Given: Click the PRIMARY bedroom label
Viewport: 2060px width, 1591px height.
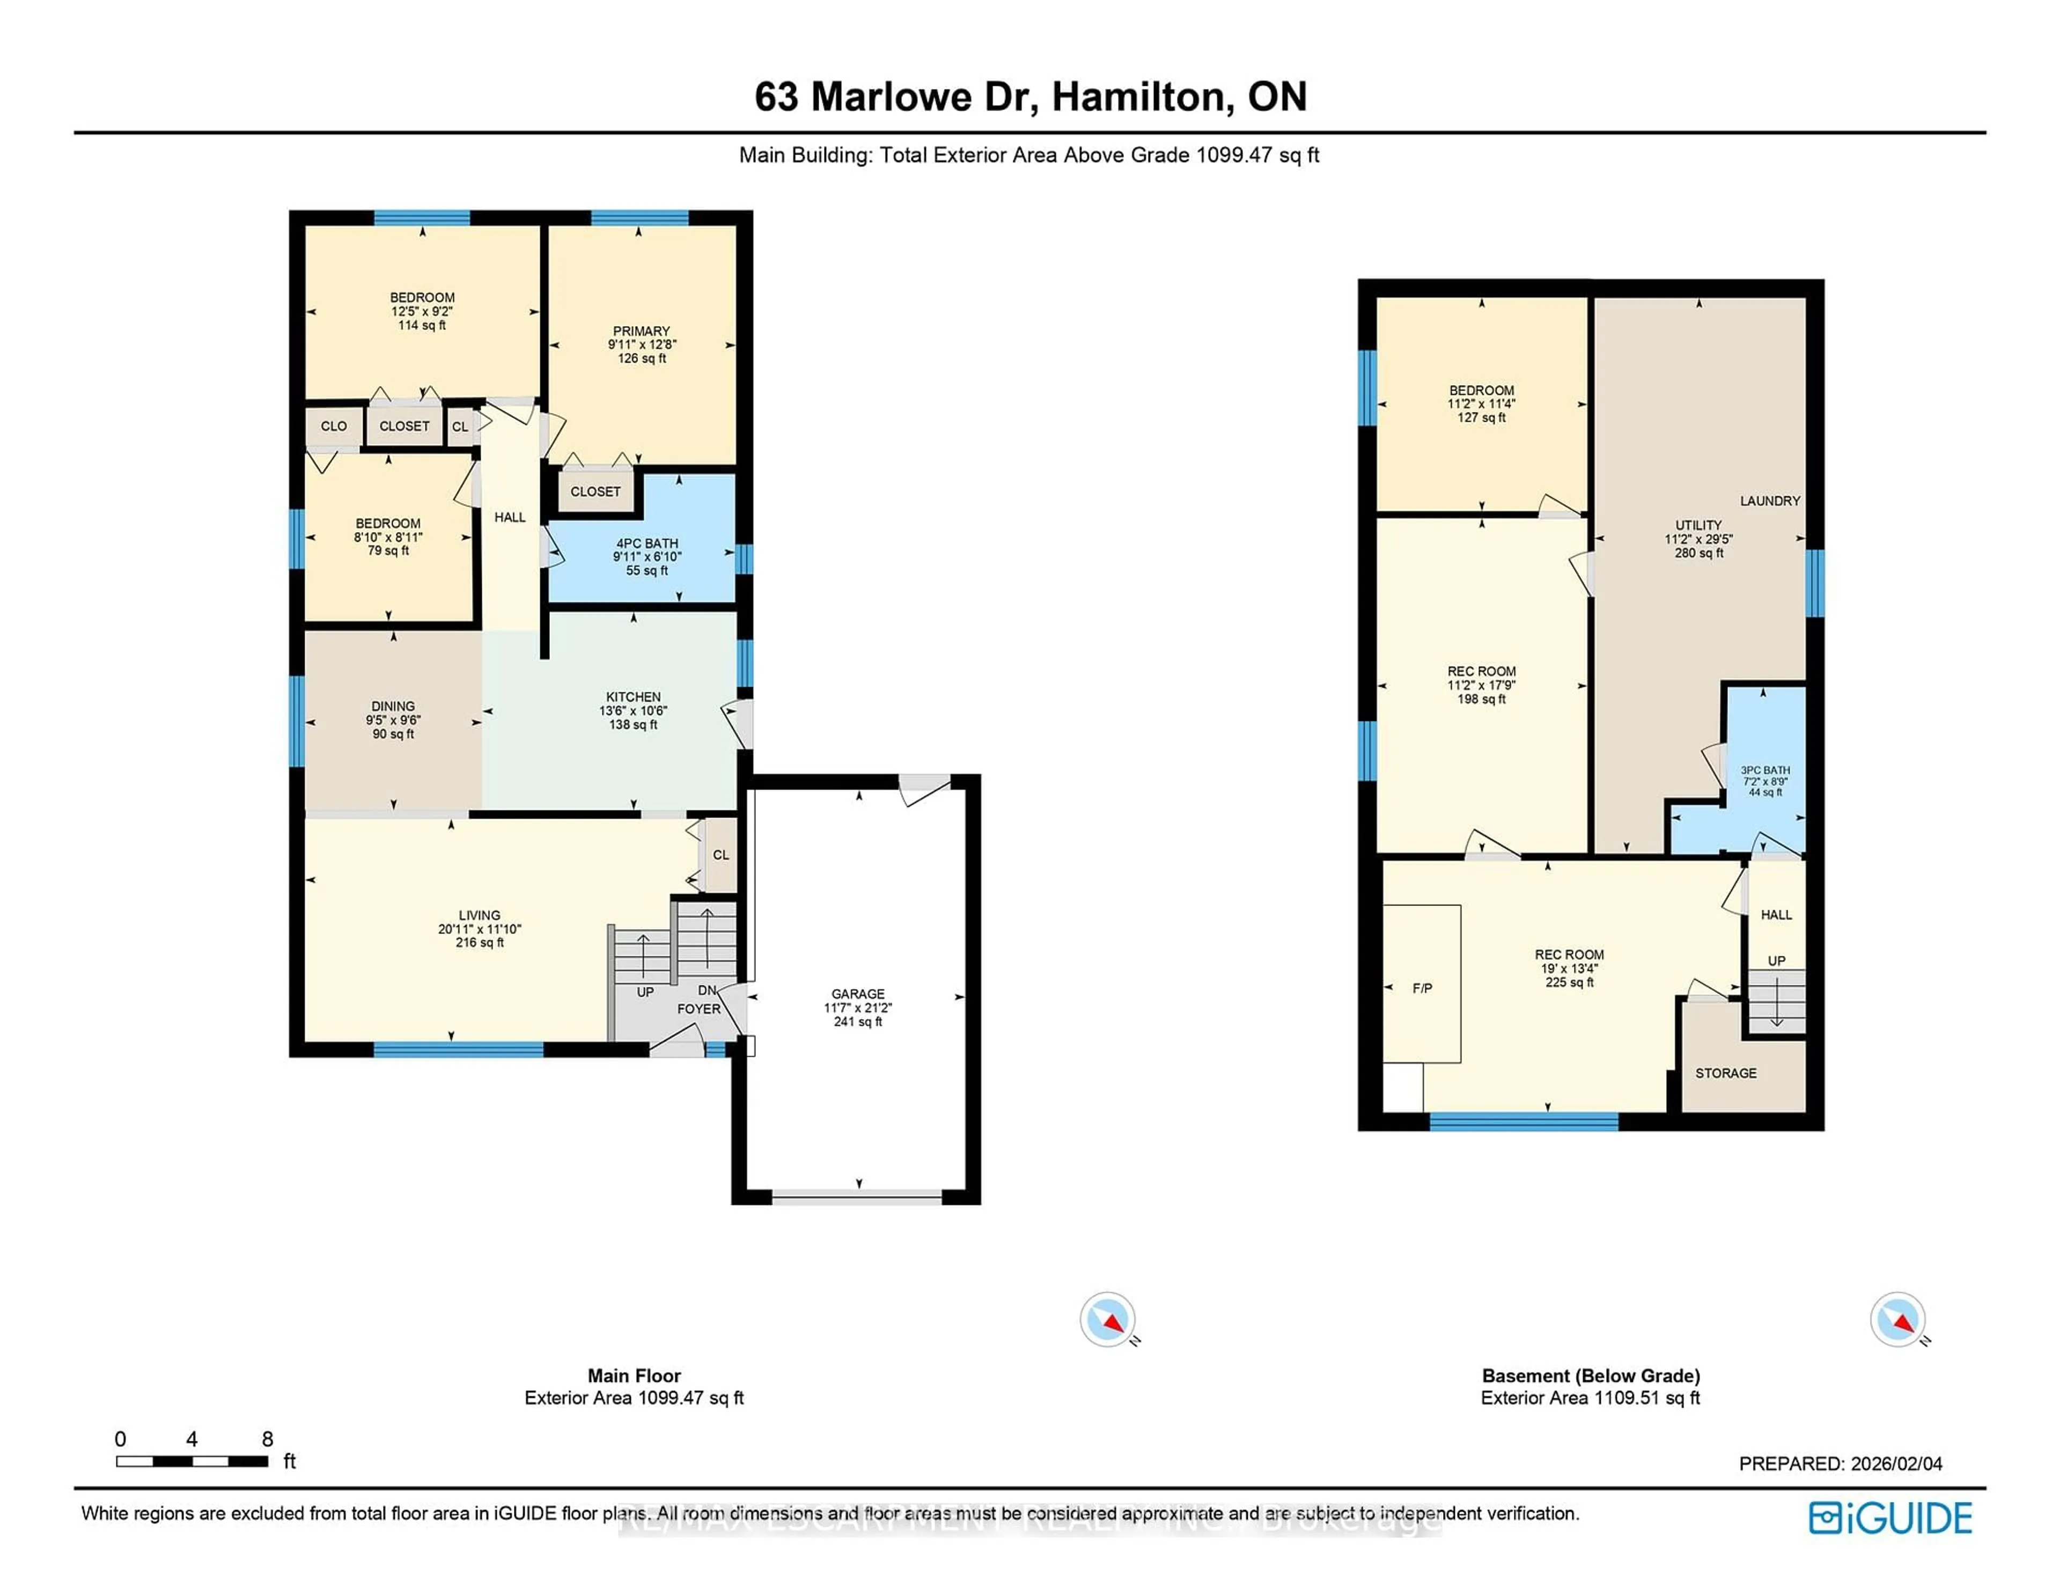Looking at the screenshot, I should (642, 331).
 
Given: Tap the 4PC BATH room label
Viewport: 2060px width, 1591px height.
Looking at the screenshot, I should (647, 543).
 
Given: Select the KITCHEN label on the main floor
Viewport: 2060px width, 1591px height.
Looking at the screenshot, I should (633, 697).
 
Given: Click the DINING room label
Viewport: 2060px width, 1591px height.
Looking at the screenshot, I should (392, 706).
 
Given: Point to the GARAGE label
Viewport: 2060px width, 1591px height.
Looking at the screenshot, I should (857, 994).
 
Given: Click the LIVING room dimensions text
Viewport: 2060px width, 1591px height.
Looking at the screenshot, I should (479, 929).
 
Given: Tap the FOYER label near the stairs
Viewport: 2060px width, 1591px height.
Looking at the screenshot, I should (698, 1009).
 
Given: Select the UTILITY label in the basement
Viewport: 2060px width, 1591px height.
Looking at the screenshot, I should (1698, 525).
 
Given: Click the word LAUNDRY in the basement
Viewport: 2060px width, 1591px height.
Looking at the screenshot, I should (1769, 501).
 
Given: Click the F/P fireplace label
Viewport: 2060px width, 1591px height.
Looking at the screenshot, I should (1422, 989).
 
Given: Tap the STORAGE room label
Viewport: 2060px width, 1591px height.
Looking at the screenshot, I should (1725, 1073).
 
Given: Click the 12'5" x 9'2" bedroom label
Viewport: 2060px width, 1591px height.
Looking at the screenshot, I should (422, 311).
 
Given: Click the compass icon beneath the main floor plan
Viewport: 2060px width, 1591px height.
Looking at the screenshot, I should (1107, 1320).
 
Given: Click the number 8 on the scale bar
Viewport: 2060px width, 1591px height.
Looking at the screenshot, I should (268, 1439).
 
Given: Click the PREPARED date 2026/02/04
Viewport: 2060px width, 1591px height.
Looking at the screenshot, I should (1896, 1464).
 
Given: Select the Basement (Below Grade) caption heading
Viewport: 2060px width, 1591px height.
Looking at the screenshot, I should (1590, 1376).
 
